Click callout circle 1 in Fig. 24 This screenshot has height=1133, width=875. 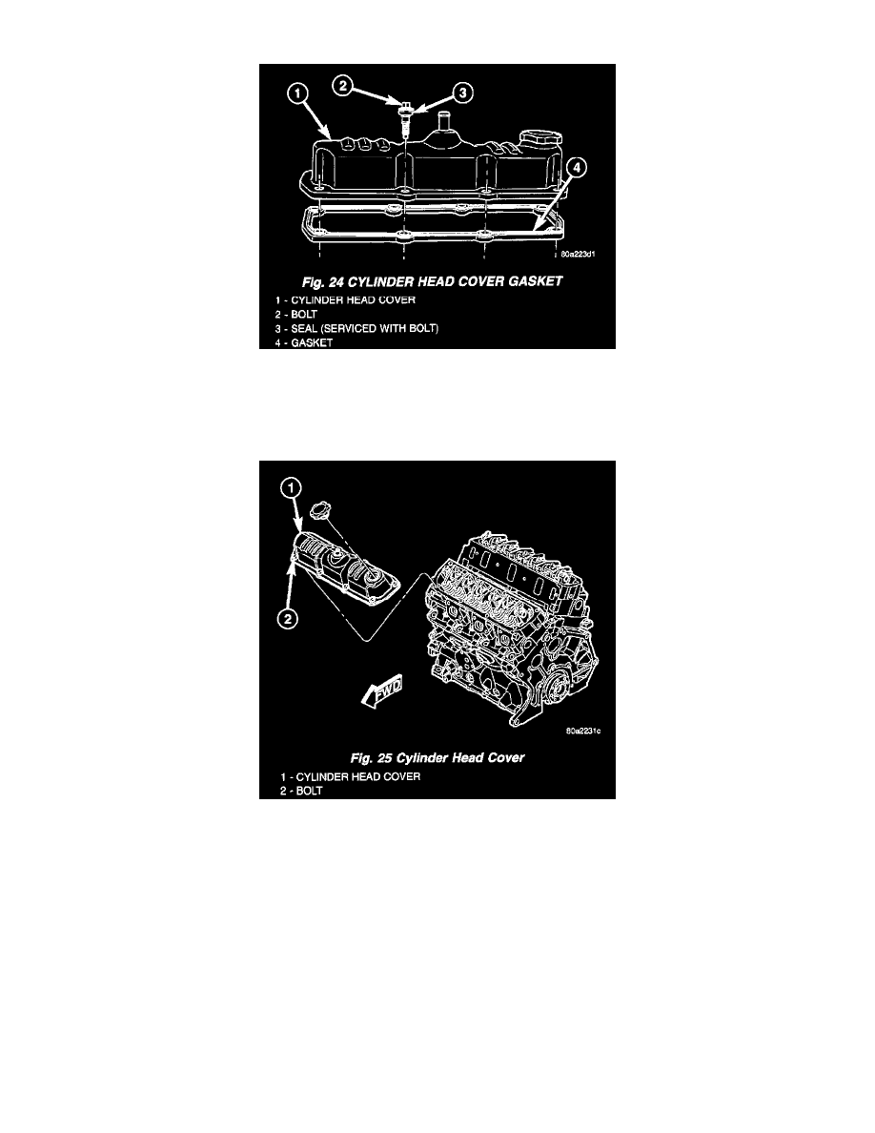(x=297, y=93)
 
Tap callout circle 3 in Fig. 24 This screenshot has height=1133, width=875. (x=463, y=93)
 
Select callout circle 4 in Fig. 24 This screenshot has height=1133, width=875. (x=576, y=168)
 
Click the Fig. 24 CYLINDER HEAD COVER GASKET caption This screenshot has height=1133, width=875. (x=432, y=281)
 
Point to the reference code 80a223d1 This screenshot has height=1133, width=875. (x=579, y=255)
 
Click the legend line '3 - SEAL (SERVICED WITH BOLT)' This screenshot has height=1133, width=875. (x=356, y=328)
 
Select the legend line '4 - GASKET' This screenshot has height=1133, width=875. (x=303, y=342)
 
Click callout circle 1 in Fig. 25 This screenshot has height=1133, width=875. (x=290, y=489)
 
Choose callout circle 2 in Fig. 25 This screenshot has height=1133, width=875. (x=288, y=619)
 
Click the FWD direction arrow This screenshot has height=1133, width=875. (x=381, y=690)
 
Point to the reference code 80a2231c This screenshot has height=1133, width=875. (x=583, y=731)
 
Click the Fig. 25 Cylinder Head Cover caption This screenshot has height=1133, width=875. (x=437, y=758)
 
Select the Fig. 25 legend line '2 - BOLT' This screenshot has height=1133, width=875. (x=301, y=791)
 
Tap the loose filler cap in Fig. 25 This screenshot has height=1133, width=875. (x=318, y=511)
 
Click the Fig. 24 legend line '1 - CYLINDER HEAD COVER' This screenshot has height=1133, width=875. (x=345, y=299)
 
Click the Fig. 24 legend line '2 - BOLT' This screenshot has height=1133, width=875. (x=296, y=315)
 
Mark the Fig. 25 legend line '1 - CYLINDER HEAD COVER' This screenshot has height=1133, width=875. (x=350, y=776)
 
